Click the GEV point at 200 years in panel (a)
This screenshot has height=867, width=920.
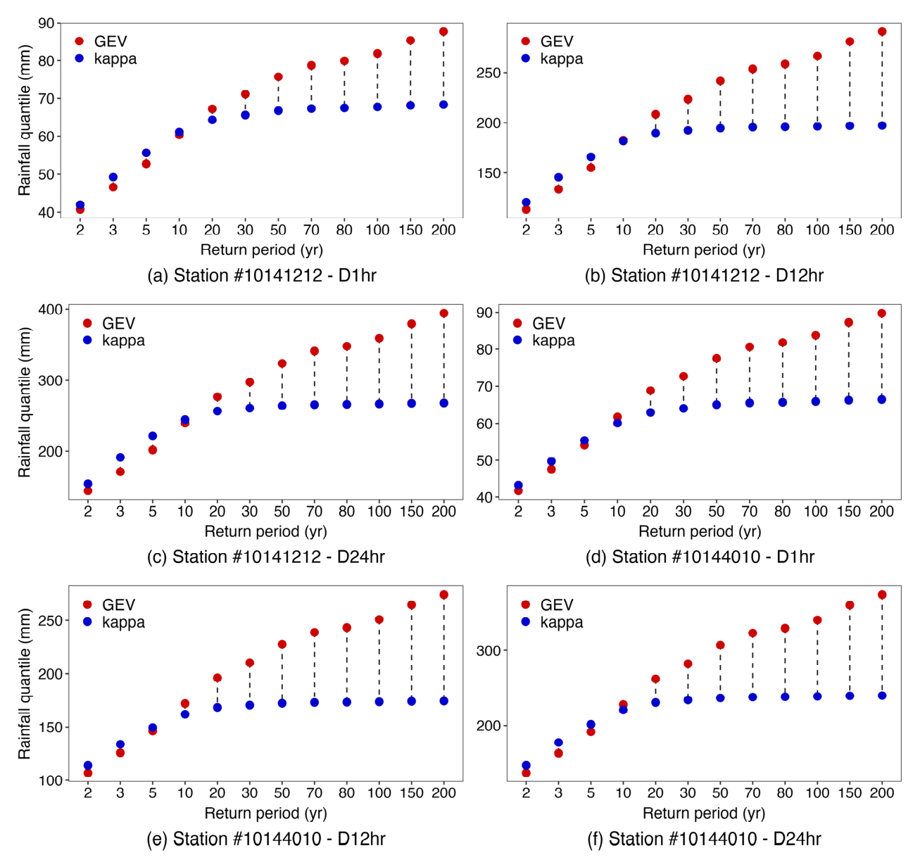click(x=443, y=32)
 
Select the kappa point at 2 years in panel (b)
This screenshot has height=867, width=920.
click(x=526, y=203)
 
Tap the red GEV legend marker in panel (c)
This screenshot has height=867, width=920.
click(x=87, y=323)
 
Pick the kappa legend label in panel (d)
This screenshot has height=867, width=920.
click(x=553, y=341)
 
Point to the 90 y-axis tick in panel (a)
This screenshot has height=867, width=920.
click(x=46, y=23)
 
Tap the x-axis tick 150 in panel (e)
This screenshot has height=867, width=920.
click(x=411, y=793)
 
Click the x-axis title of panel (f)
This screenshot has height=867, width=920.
click(x=703, y=814)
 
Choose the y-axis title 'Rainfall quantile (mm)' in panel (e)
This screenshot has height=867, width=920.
click(x=25, y=684)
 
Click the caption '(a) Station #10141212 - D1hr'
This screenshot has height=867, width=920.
click(x=261, y=276)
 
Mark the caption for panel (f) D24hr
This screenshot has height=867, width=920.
click(x=704, y=839)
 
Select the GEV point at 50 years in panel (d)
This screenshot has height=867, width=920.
click(x=717, y=358)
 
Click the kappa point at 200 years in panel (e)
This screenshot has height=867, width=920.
click(x=444, y=701)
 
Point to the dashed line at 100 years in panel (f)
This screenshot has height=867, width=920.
click(x=817, y=658)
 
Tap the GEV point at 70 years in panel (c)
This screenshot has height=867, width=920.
click(x=315, y=351)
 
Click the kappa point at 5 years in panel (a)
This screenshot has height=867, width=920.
click(x=146, y=153)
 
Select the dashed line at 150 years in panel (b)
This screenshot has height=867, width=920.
click(x=850, y=84)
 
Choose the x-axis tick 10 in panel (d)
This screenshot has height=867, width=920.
click(x=617, y=512)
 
